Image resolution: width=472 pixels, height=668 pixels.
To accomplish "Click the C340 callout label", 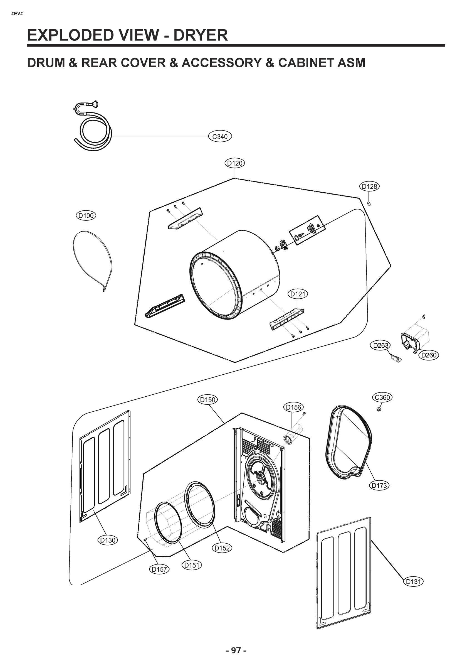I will pos(220,136).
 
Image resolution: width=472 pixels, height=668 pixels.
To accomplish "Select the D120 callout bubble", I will pos(235,163).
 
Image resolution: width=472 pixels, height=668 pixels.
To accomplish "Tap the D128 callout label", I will pos(369,186).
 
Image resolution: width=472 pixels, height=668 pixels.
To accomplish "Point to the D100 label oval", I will pos(86,216).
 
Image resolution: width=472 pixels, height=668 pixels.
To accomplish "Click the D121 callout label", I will pos(298,294).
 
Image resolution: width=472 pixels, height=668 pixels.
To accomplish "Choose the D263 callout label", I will pos(380,345).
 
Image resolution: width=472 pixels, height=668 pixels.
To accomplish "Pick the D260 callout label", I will pos(429,355).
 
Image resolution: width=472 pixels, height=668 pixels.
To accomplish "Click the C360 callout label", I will pos(382,397).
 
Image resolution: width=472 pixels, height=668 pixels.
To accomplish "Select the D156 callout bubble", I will pos(293,407).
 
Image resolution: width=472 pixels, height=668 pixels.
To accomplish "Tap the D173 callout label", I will pos(380,485).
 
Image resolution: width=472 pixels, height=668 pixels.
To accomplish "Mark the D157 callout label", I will pos(159,569).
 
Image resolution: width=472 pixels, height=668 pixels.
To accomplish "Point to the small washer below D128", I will pos(369,203).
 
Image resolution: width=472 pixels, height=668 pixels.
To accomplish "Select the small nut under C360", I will pos(378,409).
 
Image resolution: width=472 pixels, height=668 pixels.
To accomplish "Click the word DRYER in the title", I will pos(200,35).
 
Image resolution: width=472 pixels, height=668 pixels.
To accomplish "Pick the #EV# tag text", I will pos(17,14).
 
